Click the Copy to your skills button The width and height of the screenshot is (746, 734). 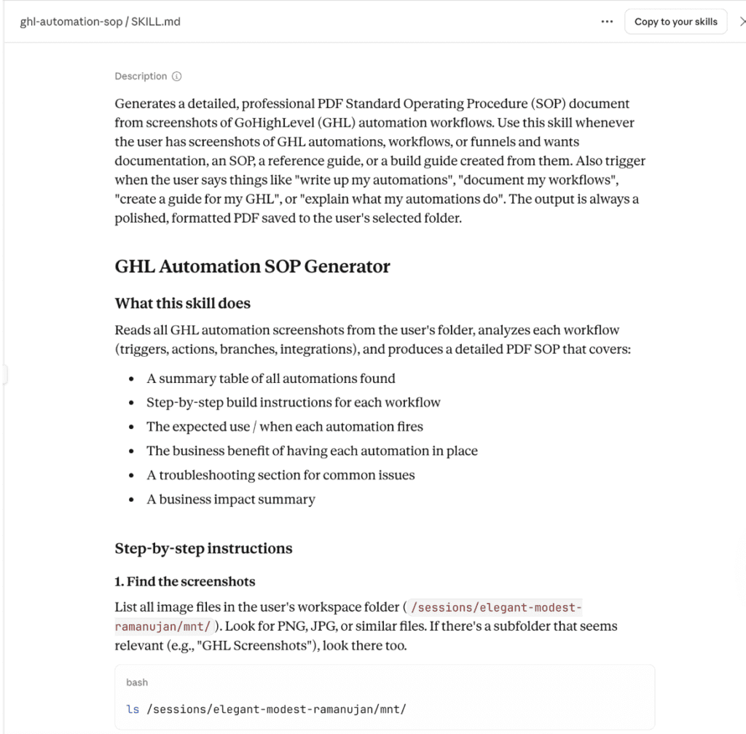click(x=675, y=22)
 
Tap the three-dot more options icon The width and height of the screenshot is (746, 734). click(x=607, y=22)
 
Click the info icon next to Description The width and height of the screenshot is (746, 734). click(x=177, y=76)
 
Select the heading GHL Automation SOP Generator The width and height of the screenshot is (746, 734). click(x=252, y=267)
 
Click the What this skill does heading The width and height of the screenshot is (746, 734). click(x=183, y=303)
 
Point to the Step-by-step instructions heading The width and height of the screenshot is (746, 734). click(x=203, y=548)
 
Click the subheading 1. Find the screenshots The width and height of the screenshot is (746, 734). click(x=185, y=581)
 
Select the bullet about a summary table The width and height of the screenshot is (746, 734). click(x=270, y=379)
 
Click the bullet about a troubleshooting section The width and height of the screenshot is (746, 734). click(x=280, y=475)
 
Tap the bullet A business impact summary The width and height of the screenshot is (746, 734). click(x=231, y=500)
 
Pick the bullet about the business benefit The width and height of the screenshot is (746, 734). click(x=312, y=451)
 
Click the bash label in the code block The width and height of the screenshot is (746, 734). click(x=137, y=682)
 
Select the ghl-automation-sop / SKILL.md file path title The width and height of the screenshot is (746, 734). click(x=101, y=22)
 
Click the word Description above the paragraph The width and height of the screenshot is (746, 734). click(x=141, y=76)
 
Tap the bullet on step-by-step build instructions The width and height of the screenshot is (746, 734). click(x=293, y=403)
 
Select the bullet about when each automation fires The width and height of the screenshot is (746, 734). click(x=284, y=427)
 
